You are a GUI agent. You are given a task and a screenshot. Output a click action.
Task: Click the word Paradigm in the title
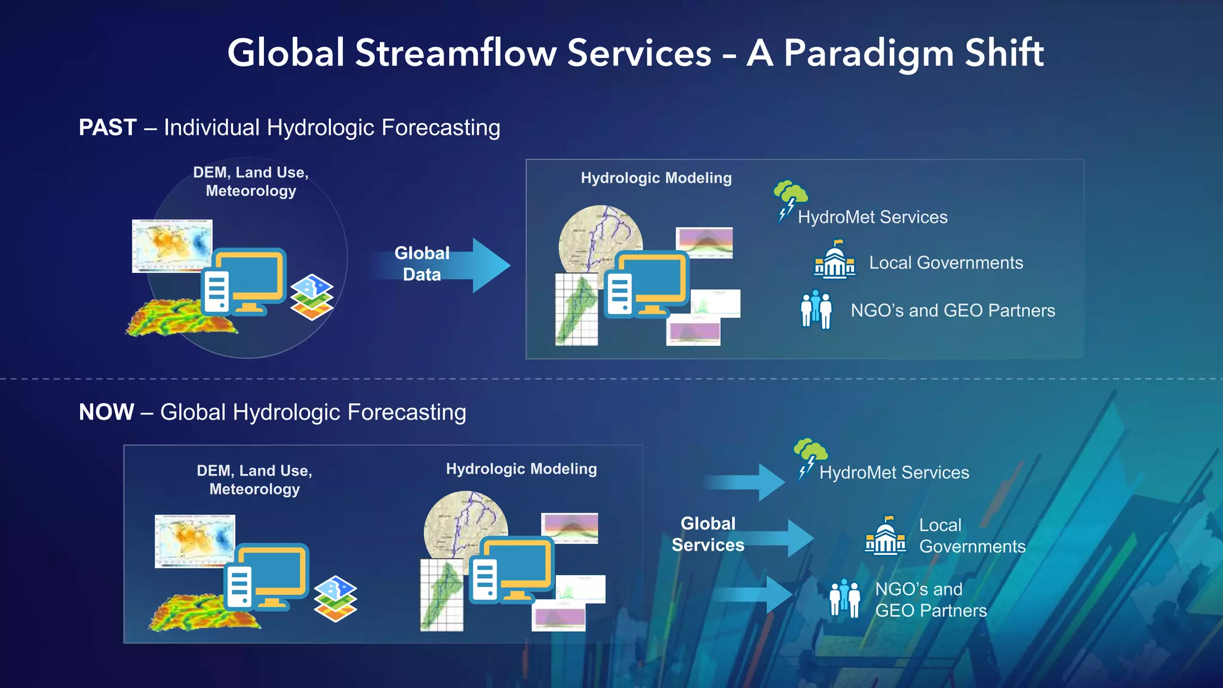point(869,54)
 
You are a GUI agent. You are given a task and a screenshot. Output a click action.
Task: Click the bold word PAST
point(108,127)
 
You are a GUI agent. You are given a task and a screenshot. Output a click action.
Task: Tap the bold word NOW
point(106,412)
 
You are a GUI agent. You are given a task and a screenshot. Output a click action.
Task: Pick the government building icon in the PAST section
point(834,260)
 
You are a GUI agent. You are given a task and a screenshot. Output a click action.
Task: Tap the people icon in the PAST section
point(816,309)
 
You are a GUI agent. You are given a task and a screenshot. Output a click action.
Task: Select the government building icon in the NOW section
point(885,536)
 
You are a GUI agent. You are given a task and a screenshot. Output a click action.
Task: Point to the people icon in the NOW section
point(844,598)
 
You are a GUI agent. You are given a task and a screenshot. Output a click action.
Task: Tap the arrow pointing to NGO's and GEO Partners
point(755,594)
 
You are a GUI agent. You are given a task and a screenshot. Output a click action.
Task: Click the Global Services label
point(708,534)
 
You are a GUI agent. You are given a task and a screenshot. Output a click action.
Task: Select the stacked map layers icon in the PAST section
point(312,297)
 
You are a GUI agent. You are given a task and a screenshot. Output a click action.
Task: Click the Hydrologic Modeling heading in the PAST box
point(656,178)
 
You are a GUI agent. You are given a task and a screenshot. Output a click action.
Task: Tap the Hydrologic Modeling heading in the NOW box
point(521,469)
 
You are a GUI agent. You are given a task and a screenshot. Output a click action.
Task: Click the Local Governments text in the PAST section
point(945,263)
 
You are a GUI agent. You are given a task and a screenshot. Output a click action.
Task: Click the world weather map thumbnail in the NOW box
point(194,540)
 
